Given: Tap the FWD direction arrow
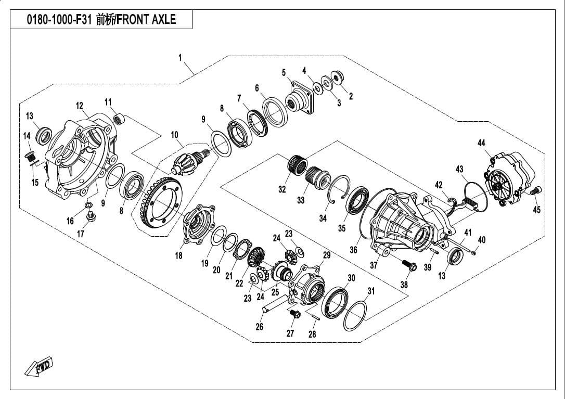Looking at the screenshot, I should pyautogui.click(x=40, y=368).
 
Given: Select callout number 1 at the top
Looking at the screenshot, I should pyautogui.click(x=180, y=58).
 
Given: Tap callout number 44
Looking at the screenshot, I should pyautogui.click(x=481, y=143).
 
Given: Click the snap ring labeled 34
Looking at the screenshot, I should pyautogui.click(x=338, y=189).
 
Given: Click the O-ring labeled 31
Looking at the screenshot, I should pyautogui.click(x=354, y=315).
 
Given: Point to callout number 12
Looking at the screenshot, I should pyautogui.click(x=79, y=106).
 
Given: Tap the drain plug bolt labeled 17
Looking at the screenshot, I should pyautogui.click(x=92, y=216).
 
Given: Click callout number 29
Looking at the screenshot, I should pyautogui.click(x=327, y=255).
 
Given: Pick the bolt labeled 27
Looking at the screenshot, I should pyautogui.click(x=294, y=314).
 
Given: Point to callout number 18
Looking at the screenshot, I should pyautogui.click(x=178, y=255).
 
